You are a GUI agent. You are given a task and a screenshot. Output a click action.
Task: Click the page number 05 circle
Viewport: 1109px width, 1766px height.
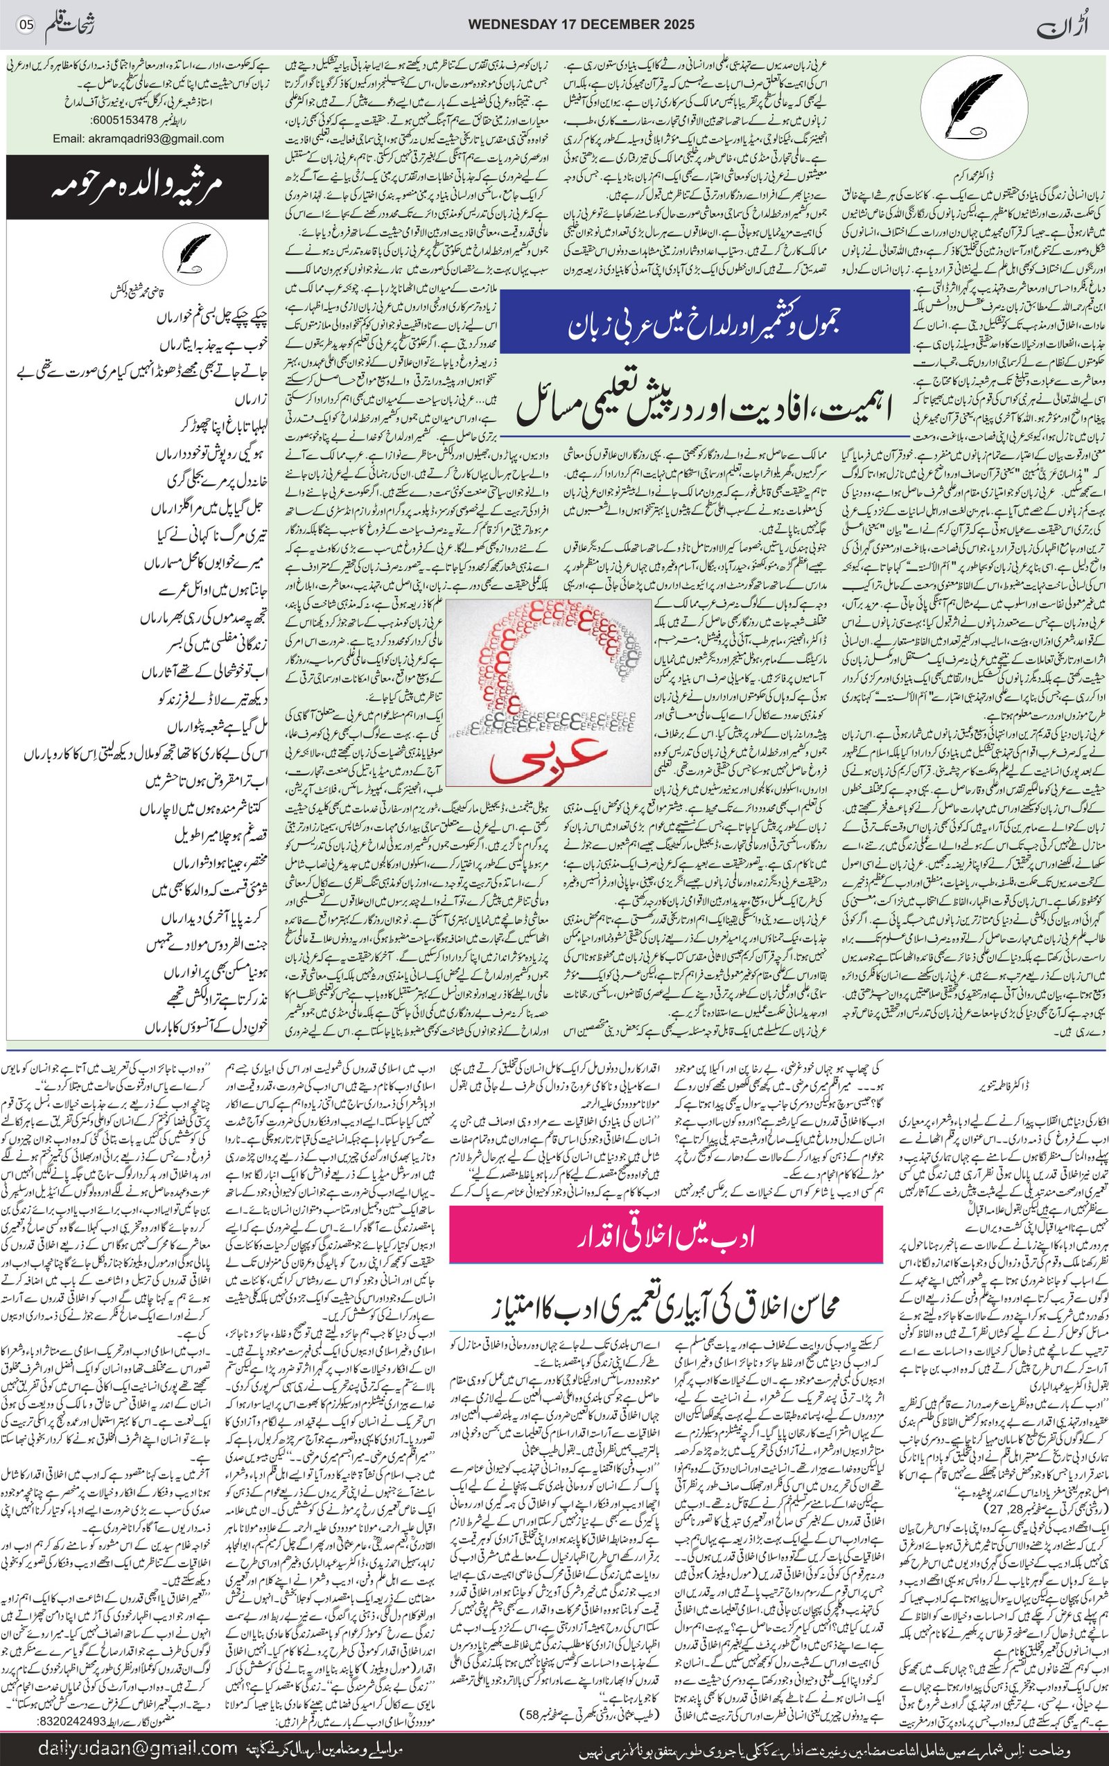[26, 25]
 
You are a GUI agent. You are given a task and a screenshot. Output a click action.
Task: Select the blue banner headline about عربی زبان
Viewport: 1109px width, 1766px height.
[704, 324]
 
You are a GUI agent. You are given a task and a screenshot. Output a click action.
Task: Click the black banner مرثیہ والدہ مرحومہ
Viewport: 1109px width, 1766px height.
[138, 187]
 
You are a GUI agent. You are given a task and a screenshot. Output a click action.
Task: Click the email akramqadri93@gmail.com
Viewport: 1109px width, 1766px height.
[138, 138]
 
